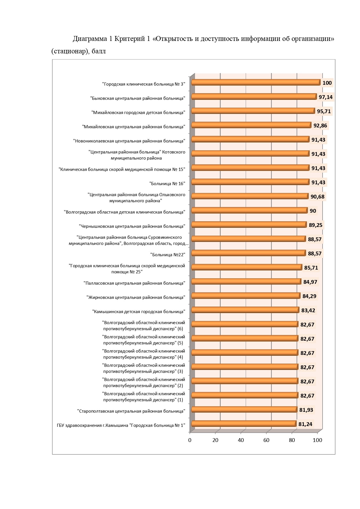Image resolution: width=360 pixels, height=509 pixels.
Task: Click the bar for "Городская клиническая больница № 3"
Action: tap(256, 83)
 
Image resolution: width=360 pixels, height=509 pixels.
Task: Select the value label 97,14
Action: tap(325, 97)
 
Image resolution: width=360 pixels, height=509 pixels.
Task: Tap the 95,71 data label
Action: tap(324, 111)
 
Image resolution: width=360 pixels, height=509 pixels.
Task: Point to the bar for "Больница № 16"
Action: tap(251, 182)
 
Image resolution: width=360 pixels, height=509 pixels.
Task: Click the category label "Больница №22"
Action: tap(168, 255)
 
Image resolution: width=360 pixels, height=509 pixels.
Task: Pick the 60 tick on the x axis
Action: tap(266, 440)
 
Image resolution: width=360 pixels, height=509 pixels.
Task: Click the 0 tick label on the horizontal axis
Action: tap(190, 440)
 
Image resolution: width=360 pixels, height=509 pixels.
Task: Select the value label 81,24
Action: tap(305, 424)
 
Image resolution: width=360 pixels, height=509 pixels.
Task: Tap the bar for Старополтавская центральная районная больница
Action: tap(245, 409)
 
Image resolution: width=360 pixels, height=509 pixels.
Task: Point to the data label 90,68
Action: tap(317, 197)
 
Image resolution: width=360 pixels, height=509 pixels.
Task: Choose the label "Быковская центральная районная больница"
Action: tap(138, 98)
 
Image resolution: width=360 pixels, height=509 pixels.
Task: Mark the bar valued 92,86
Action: tap(252, 125)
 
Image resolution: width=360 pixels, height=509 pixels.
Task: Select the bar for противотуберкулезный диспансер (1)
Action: tap(245, 395)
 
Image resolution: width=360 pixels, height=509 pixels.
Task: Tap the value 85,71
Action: tap(311, 268)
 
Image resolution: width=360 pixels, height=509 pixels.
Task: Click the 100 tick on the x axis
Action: tap(317, 440)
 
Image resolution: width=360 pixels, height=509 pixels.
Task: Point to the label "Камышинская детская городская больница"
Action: tap(139, 311)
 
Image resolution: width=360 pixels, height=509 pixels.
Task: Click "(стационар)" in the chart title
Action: tap(70, 51)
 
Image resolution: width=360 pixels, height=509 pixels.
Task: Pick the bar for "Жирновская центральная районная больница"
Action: tap(246, 296)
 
